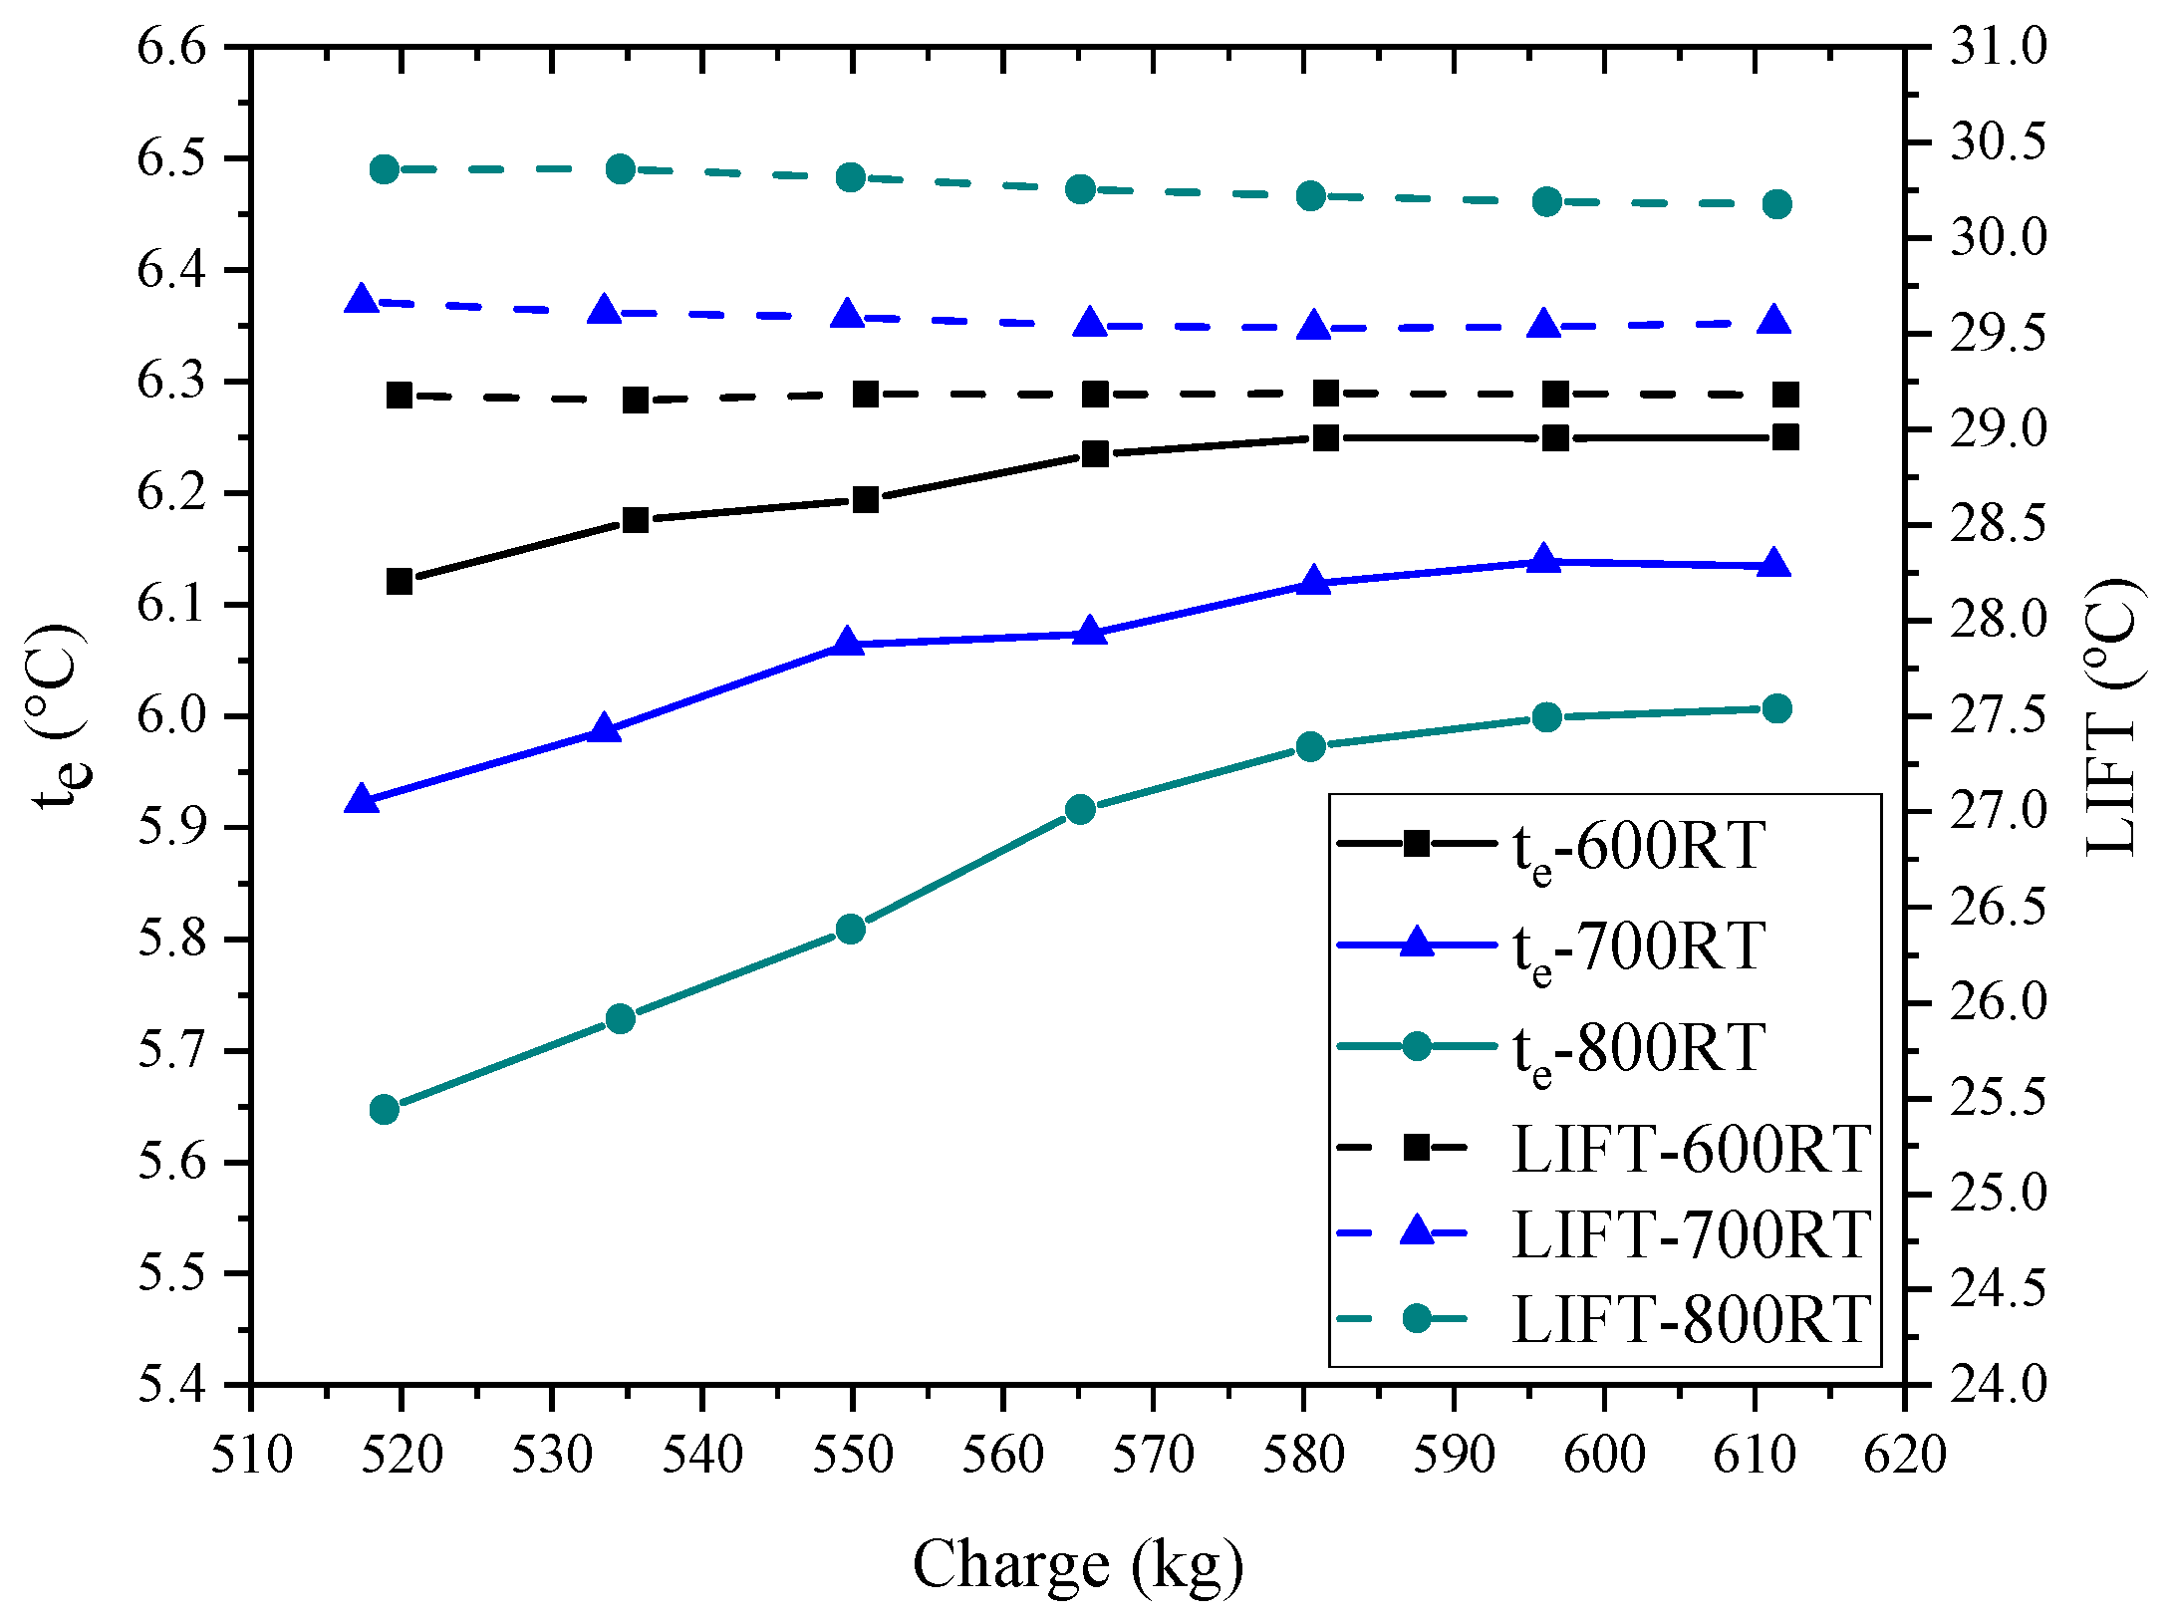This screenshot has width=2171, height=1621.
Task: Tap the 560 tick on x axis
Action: click(x=1002, y=1455)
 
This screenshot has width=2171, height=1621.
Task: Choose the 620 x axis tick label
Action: click(x=1905, y=1455)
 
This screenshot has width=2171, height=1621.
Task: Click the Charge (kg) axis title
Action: click(x=1078, y=1564)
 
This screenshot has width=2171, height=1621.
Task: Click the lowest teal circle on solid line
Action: click(x=385, y=1109)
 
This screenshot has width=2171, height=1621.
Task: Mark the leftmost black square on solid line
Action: click(x=400, y=581)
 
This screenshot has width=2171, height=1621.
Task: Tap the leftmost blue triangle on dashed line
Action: click(x=362, y=299)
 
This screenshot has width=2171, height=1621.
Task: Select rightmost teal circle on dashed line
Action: click(x=1777, y=204)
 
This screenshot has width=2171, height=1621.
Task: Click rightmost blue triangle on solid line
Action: click(x=1774, y=565)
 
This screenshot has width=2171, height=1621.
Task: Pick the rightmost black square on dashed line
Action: click(x=1785, y=396)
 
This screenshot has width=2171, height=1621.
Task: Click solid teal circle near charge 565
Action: click(x=1081, y=809)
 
